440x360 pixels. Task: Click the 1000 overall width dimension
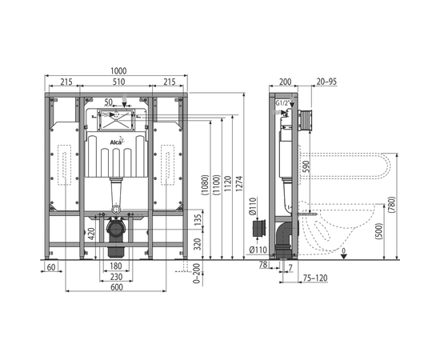click(118, 71)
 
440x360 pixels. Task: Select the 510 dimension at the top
click(118, 82)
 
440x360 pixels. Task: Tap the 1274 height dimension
click(238, 184)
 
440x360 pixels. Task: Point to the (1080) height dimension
click(205, 185)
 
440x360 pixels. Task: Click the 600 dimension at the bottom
click(117, 287)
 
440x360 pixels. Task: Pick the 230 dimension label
click(116, 277)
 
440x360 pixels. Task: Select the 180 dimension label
click(116, 266)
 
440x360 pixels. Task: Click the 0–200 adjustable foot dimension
click(198, 274)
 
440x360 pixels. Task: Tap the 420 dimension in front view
click(91, 234)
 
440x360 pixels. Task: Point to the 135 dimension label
click(198, 220)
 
